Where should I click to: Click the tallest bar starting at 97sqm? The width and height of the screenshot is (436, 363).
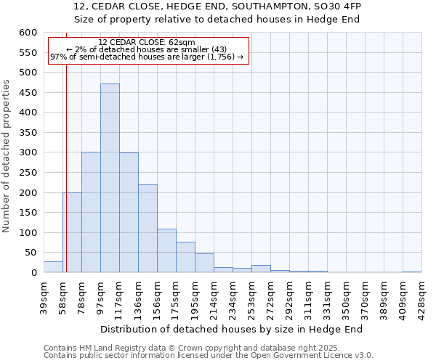tap(110, 178)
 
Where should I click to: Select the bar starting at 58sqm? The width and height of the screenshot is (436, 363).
tap(72, 232)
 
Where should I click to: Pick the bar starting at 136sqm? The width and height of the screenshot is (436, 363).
tap(148, 229)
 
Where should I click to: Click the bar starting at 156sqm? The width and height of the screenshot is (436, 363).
tap(166, 251)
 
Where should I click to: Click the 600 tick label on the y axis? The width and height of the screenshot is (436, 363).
tap(28, 33)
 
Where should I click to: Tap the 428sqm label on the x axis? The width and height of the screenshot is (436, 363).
tap(421, 296)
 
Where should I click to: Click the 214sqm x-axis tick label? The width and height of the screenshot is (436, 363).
tap(214, 296)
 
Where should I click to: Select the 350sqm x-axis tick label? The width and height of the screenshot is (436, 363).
tap(346, 296)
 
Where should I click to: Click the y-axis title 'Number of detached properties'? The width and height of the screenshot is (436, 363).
tap(7, 157)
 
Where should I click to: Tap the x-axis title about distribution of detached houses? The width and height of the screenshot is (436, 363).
tap(231, 329)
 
